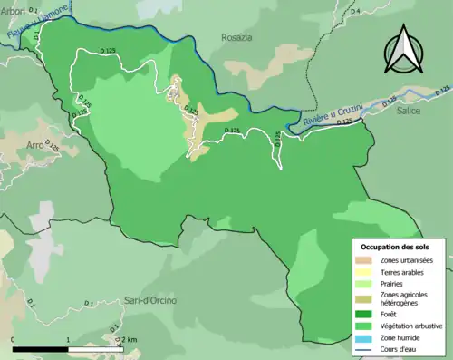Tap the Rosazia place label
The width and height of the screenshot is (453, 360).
pos(237,37)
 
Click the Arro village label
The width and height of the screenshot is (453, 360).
pos(35,144)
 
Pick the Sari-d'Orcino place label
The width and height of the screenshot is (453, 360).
pos(150,300)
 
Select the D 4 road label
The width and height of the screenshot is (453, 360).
pos(354,10)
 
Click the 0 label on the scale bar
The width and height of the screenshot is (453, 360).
pos(14,339)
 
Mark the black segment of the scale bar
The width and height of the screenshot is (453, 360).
pos(42,349)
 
